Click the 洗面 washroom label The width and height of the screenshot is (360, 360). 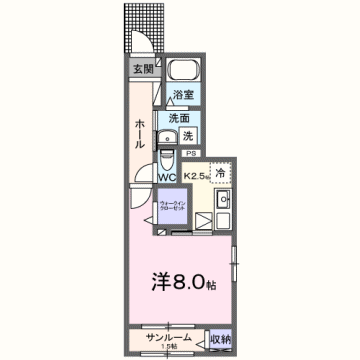180,116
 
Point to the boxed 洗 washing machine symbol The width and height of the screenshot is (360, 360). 188,135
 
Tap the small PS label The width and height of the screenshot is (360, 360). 190,152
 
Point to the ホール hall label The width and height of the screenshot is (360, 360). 139,129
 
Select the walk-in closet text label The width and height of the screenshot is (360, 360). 171,206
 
